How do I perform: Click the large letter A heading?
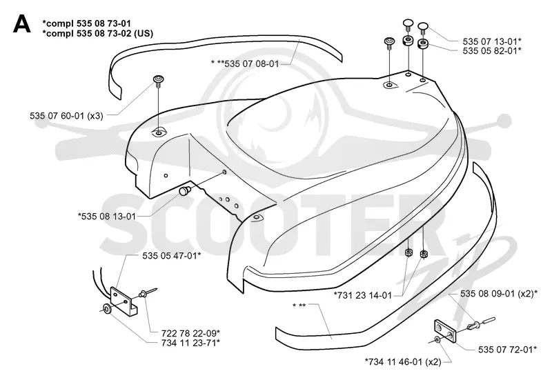click(21, 25)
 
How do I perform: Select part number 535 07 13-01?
click(492, 41)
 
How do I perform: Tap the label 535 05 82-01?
click(492, 50)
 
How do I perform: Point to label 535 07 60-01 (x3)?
click(66, 116)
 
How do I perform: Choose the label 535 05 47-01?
click(172, 256)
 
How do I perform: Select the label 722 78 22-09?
click(191, 333)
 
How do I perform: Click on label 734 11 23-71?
click(191, 342)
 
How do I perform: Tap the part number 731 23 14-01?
click(363, 295)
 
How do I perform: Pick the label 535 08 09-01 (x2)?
click(499, 293)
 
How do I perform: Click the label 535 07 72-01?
click(507, 350)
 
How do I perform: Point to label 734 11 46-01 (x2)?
click(403, 361)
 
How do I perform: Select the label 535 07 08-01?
click(252, 63)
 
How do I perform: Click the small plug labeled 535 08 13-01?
click(184, 191)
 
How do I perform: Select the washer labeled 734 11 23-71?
click(107, 309)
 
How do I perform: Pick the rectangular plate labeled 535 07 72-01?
click(445, 331)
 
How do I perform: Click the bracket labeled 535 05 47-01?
click(123, 300)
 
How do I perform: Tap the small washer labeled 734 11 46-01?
click(437, 339)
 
